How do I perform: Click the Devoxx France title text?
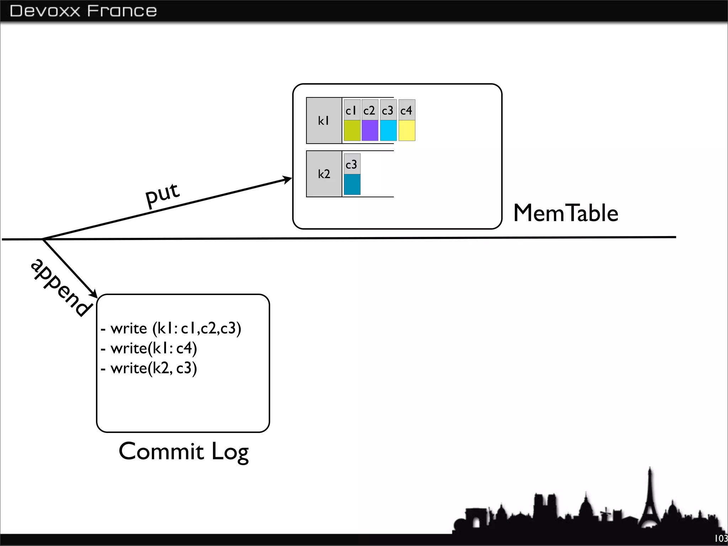(83, 11)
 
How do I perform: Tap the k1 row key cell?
(324, 121)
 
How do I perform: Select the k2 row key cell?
(324, 174)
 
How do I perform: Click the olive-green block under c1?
(352, 130)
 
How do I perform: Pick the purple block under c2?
(370, 130)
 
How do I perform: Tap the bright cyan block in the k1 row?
(388, 130)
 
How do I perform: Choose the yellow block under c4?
(407, 130)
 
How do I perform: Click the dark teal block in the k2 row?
(352, 184)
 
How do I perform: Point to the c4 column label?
(406, 111)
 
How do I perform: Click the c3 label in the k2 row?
(352, 164)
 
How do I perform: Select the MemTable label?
(566, 213)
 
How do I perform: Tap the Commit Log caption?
(183, 451)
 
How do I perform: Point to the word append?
(61, 287)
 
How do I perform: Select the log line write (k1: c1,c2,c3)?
(171, 328)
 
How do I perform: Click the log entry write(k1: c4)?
(149, 348)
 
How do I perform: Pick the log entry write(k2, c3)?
(149, 368)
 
